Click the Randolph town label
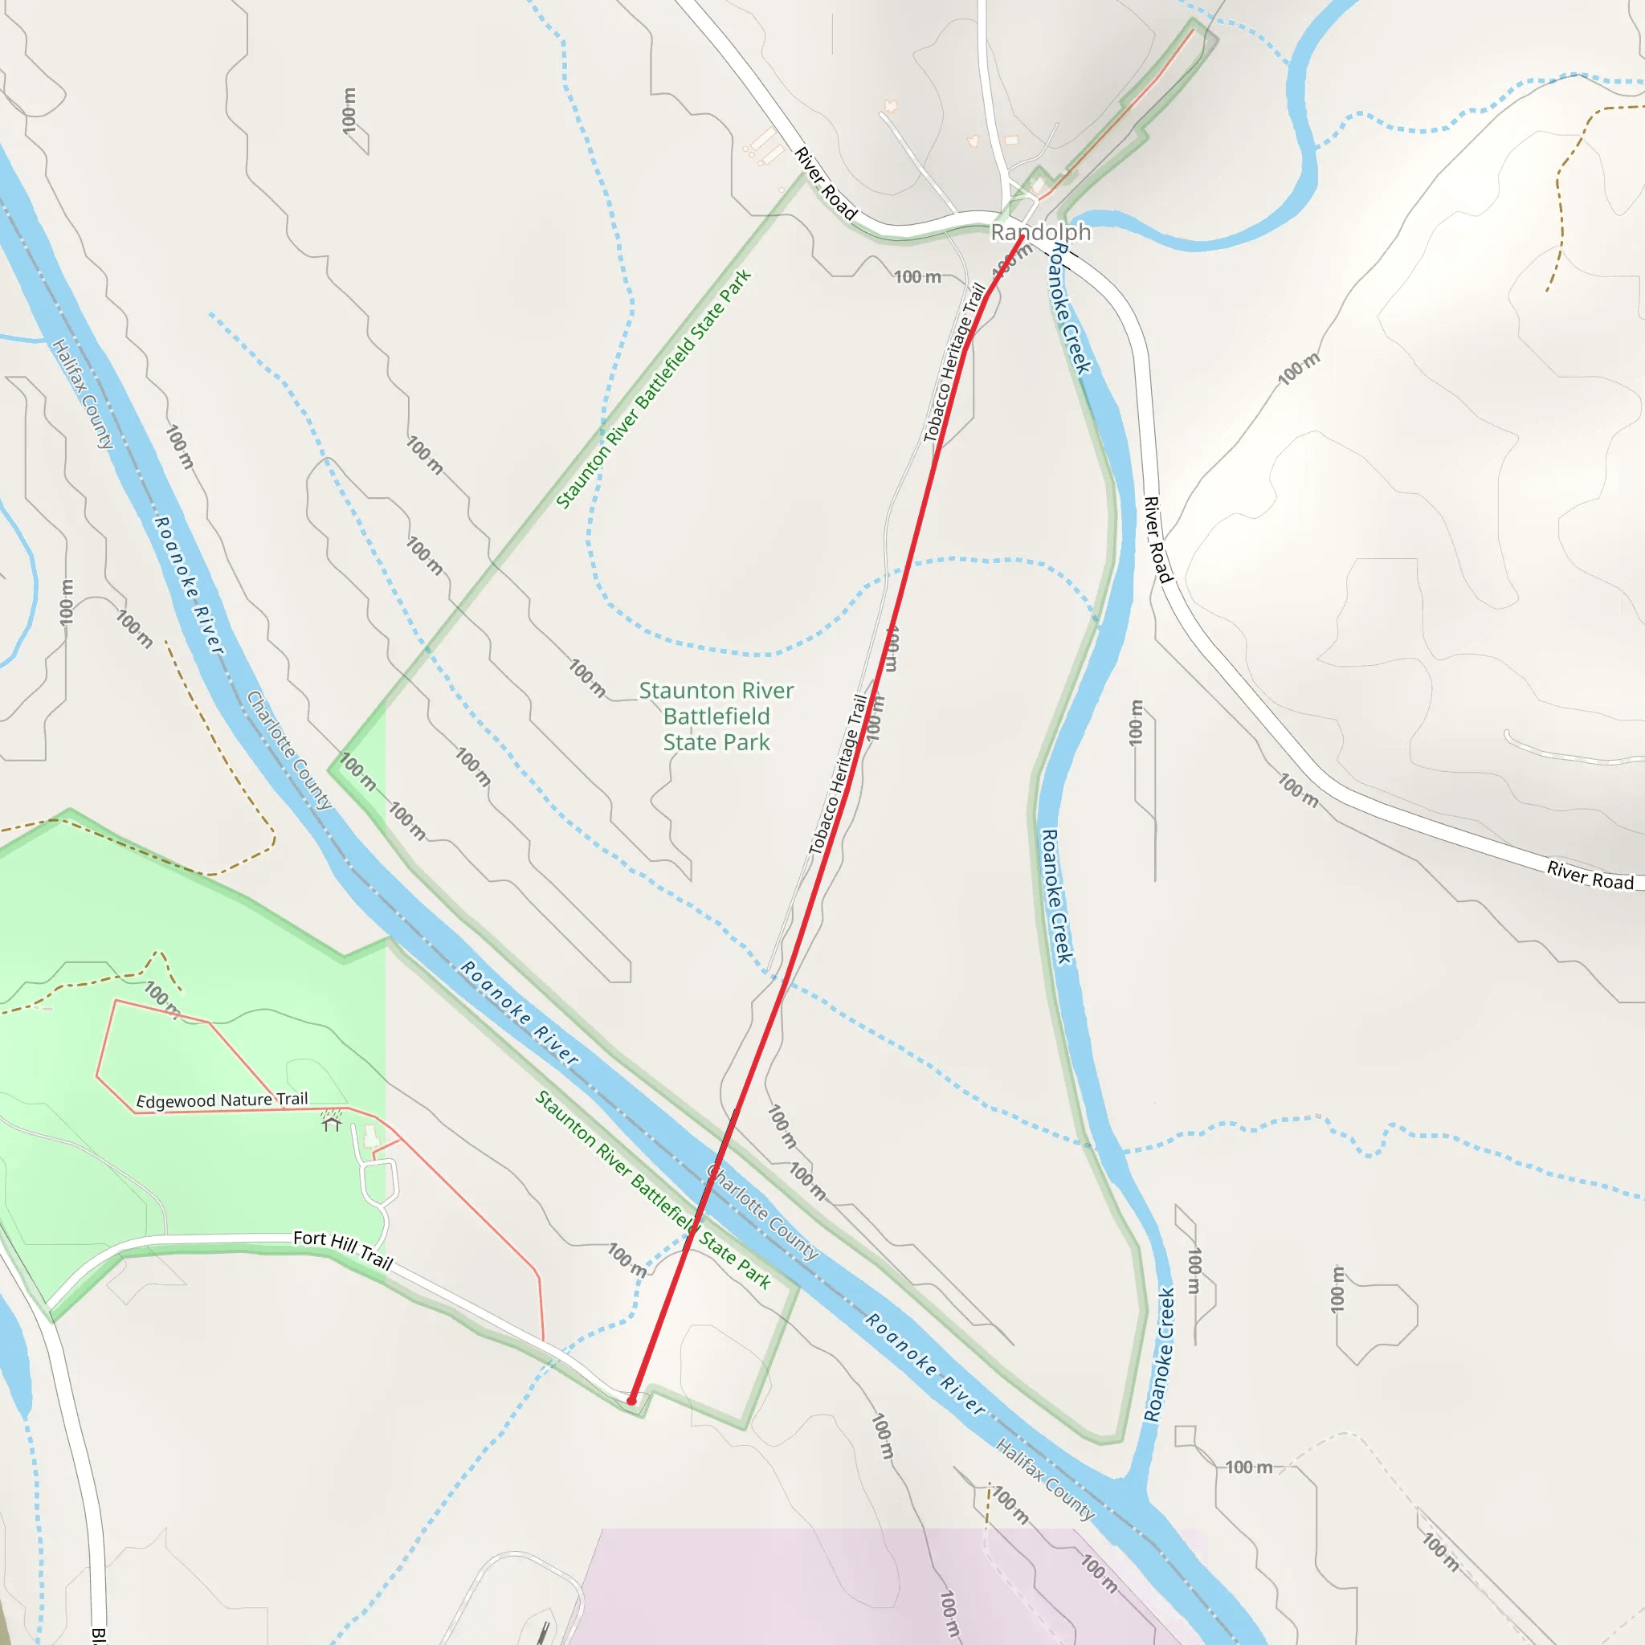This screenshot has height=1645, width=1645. [x=1040, y=231]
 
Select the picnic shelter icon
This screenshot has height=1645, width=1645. [x=331, y=1124]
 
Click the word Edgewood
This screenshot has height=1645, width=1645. [x=176, y=1101]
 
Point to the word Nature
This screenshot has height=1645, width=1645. [x=246, y=1100]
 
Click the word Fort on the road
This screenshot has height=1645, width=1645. [x=310, y=1237]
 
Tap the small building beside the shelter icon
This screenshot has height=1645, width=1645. [x=370, y=1136]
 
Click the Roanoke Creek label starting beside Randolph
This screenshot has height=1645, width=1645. [x=1068, y=308]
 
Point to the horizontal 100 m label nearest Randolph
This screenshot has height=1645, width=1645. [x=917, y=277]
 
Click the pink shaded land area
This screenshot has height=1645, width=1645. [x=851, y=1584]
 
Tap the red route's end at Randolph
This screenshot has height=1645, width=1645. [x=1022, y=237]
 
